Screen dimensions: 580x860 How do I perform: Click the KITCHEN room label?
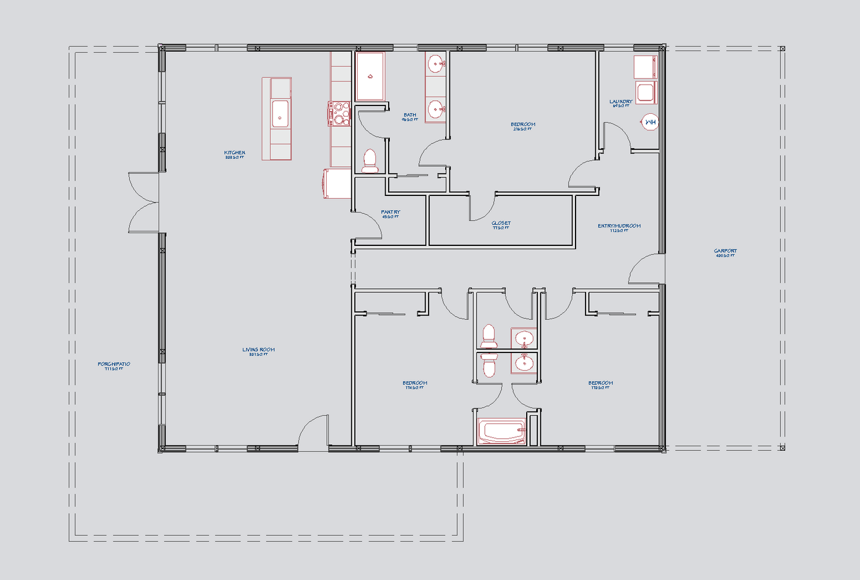(x=234, y=153)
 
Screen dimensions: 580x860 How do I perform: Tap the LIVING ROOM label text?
(x=258, y=350)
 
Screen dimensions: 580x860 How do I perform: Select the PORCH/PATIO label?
(x=114, y=364)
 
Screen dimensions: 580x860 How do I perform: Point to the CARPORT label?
(x=725, y=251)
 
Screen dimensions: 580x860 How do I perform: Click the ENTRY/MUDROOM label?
(x=619, y=226)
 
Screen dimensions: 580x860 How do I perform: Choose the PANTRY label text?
(x=390, y=213)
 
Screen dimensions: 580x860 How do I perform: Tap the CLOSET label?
(x=501, y=224)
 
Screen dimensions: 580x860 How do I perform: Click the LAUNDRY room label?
(x=621, y=102)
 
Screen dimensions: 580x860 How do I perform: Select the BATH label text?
(x=409, y=116)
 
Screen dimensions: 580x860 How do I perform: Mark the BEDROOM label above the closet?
(x=523, y=125)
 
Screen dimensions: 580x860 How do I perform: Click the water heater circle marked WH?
(x=651, y=123)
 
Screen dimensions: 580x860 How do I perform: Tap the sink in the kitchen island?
(x=280, y=114)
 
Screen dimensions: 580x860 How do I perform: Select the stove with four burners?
(x=340, y=114)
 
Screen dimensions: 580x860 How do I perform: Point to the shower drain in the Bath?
(x=370, y=76)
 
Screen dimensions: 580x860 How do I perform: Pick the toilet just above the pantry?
(x=370, y=161)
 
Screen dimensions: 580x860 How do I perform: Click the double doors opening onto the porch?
(x=144, y=202)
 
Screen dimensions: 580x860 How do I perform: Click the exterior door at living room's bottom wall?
(x=313, y=432)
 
